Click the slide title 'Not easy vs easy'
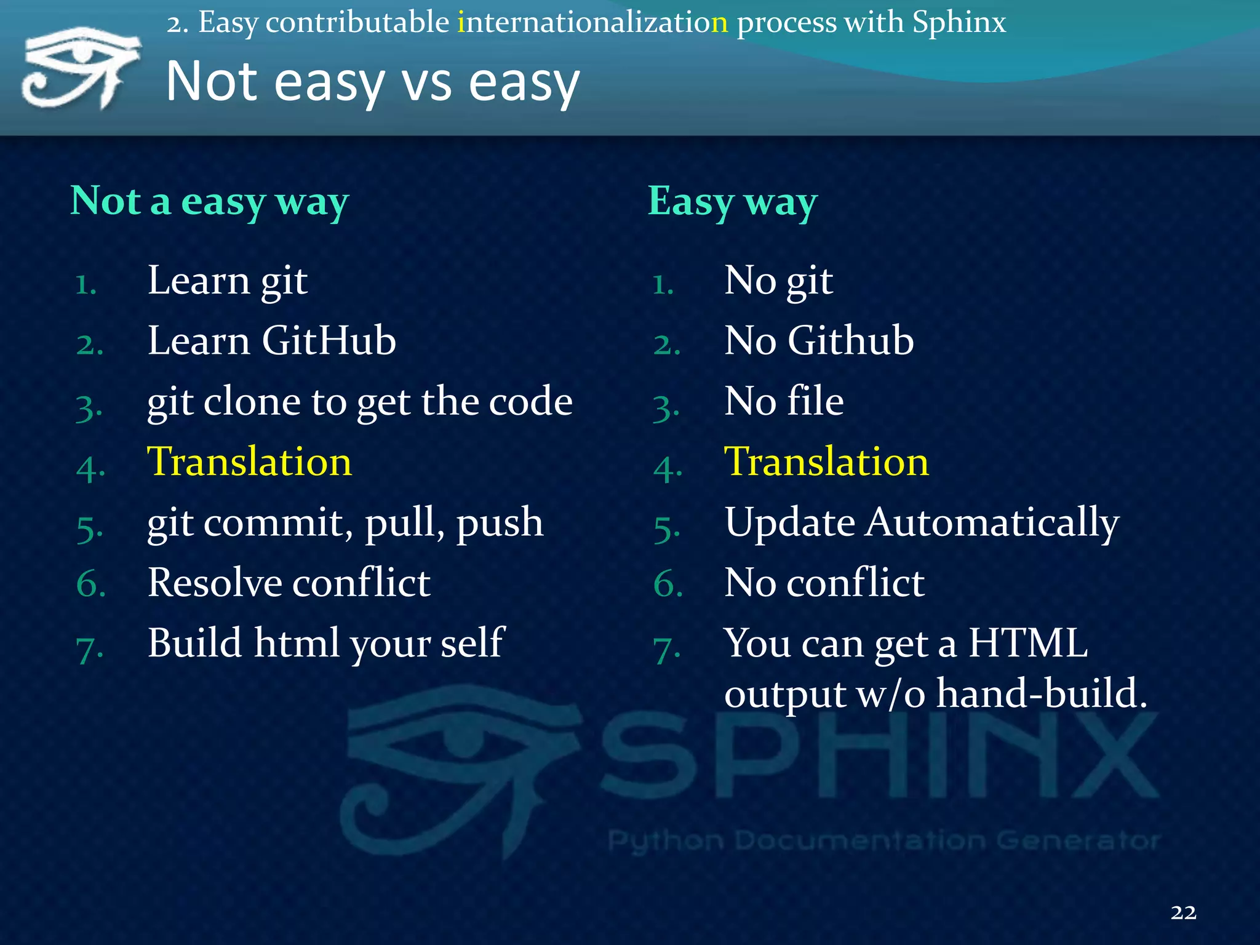(x=372, y=82)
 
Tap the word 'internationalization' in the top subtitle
(x=592, y=23)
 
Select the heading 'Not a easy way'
(x=209, y=202)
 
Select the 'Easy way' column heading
(x=732, y=202)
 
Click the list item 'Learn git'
(x=227, y=281)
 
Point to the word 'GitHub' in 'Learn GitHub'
(x=329, y=341)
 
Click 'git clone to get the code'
(x=359, y=402)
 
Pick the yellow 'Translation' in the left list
(x=249, y=462)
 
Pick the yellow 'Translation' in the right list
(x=826, y=462)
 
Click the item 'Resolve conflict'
(x=289, y=583)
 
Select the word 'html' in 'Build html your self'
(x=297, y=643)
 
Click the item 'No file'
(x=783, y=402)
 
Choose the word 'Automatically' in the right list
(x=992, y=524)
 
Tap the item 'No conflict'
(x=824, y=583)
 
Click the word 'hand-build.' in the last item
(x=1041, y=694)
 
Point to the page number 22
(x=1182, y=912)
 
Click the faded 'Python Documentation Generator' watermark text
(x=883, y=840)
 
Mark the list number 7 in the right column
(x=666, y=650)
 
